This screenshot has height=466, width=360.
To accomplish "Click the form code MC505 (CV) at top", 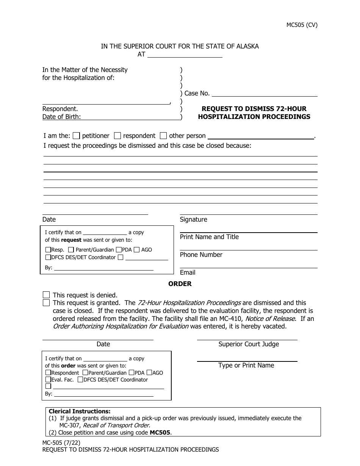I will [x=302, y=25].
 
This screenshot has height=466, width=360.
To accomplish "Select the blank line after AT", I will [x=185, y=55].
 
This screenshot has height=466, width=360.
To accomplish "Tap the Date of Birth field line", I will [x=130, y=117].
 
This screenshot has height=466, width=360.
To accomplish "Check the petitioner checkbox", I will [x=76, y=136].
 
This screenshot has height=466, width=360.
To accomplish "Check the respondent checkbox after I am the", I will [x=117, y=136].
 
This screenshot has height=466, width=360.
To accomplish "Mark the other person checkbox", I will [x=163, y=136].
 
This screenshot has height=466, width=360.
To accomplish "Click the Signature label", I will [x=193, y=219].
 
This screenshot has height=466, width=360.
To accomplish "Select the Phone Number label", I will [x=201, y=255].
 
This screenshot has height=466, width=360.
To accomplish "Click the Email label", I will [x=188, y=272].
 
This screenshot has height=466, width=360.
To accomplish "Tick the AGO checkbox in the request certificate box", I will [x=136, y=250].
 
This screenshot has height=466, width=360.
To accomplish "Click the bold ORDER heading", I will [x=180, y=284].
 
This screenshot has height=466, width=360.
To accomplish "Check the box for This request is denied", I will [x=46, y=295].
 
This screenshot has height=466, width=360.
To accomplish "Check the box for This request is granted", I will [x=46, y=303].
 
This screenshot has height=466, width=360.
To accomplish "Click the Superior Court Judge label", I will [x=249, y=344].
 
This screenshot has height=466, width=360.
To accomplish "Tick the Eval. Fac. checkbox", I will [x=48, y=380].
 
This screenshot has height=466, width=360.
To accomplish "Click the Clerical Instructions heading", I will [x=80, y=411].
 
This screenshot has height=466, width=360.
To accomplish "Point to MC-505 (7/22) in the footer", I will [x=61, y=443].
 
